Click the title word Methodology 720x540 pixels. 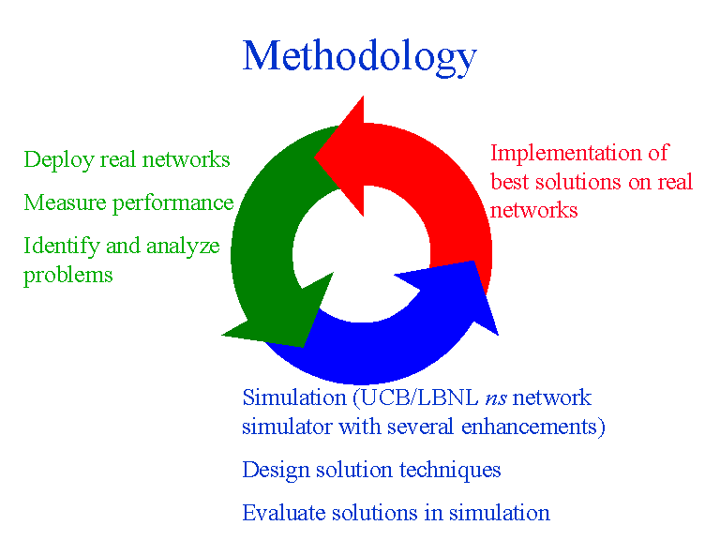point(359,56)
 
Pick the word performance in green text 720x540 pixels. point(183,203)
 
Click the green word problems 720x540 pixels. point(67,276)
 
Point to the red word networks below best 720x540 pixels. point(533,210)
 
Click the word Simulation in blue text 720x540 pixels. point(292,397)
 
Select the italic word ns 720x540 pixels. point(497,398)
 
